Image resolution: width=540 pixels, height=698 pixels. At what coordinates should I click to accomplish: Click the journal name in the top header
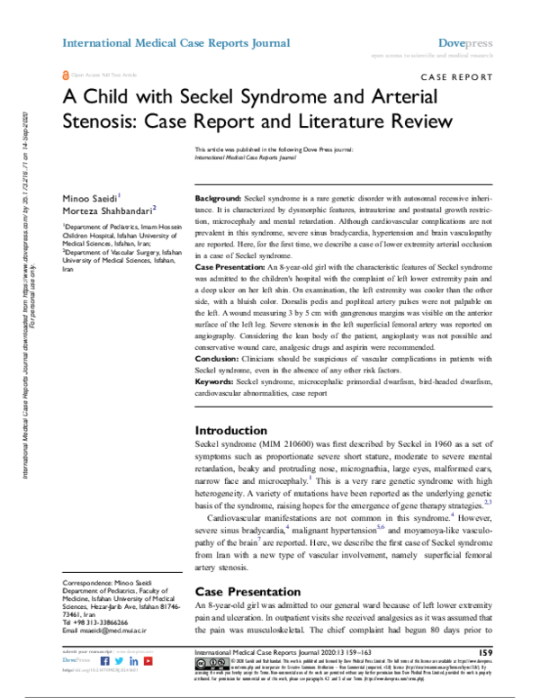175,42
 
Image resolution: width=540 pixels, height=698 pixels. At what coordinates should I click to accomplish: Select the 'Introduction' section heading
231,430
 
